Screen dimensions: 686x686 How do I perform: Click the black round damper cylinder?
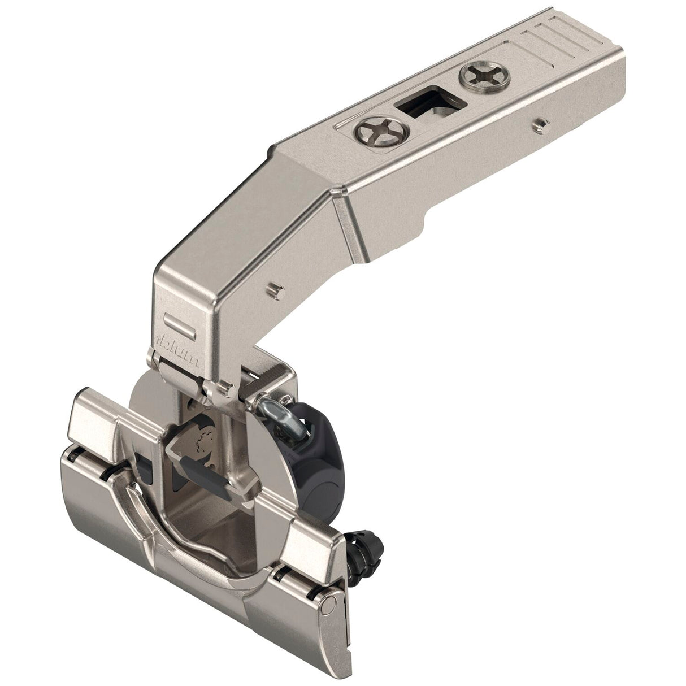pyautogui.click(x=308, y=432)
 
